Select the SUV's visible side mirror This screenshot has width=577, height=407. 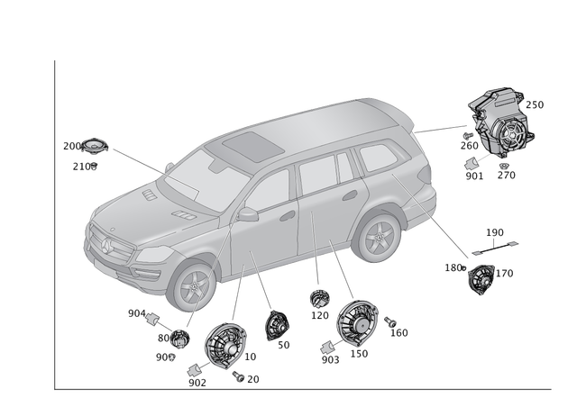click(x=248, y=214)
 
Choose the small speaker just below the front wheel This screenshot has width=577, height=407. click(x=179, y=339)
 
